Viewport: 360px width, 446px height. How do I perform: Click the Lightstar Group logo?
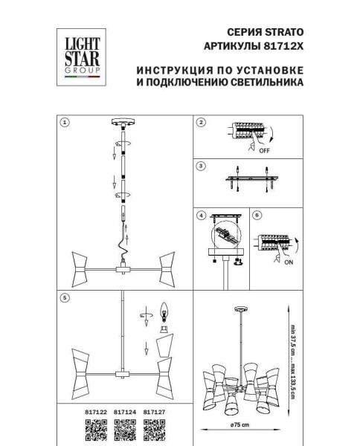pyautogui.click(x=78, y=51)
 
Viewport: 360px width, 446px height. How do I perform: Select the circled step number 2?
pyautogui.click(x=201, y=123)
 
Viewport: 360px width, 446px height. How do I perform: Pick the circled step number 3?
pyautogui.click(x=201, y=167)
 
